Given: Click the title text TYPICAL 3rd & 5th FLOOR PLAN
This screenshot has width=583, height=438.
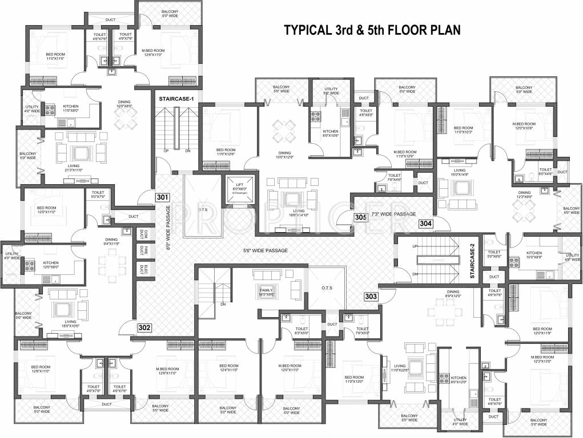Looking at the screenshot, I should (372, 30).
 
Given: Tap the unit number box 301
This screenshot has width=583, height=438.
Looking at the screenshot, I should (163, 198).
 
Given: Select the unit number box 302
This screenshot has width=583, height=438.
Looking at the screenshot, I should (144, 328).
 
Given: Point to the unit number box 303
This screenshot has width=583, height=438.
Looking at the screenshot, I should (371, 297).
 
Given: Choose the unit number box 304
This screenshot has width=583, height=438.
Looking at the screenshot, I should (425, 224).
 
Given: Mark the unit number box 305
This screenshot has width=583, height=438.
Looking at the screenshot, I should (360, 217).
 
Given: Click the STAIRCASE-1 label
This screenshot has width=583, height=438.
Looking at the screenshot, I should (176, 99).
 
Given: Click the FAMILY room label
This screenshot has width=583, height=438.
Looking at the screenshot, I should (267, 292).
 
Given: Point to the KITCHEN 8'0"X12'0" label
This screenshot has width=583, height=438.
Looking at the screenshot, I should (459, 380).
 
